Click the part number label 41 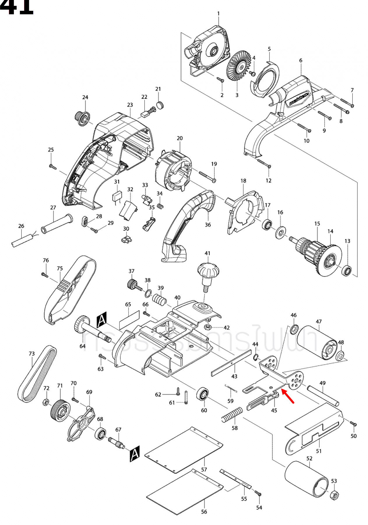(x=207, y=253)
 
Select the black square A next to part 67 (x=135, y=453)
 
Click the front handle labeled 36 (x=186, y=225)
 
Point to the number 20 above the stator (x=180, y=138)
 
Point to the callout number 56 (x=204, y=512)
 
